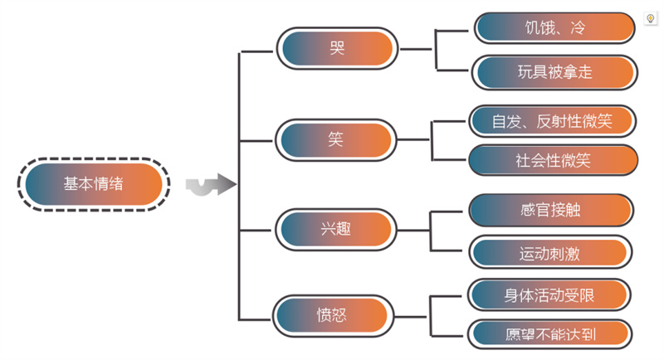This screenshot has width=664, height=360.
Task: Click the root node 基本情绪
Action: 93,184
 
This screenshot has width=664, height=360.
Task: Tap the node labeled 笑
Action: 335,139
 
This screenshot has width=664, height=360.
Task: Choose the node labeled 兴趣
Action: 335,228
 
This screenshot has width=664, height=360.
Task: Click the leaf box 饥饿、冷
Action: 554,27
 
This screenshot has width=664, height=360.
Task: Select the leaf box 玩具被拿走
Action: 554,72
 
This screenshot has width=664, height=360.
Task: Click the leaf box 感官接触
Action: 549,210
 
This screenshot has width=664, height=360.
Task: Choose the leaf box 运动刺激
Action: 549,253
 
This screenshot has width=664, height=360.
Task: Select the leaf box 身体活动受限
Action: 549,294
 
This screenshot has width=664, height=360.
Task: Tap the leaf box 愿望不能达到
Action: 549,334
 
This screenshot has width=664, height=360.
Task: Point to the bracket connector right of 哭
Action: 436,50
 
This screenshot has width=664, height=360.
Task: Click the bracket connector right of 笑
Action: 432,139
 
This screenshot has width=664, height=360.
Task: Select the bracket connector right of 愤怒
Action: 431,316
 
